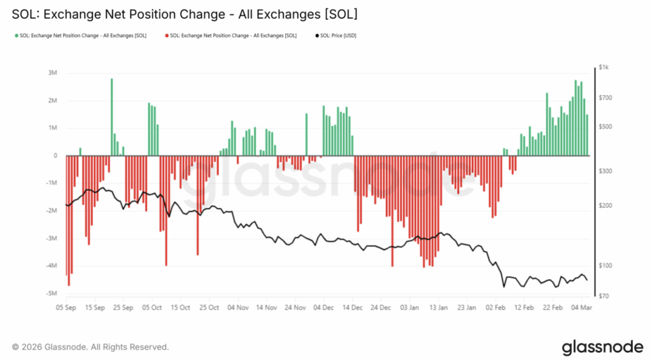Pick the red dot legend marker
(167, 36)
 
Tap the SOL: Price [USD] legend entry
(338, 36)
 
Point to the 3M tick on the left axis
(53, 73)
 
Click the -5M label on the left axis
(52, 294)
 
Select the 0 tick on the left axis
(55, 156)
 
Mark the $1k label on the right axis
(604, 68)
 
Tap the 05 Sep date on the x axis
(66, 307)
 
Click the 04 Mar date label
(581, 307)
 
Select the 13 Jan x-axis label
(438, 307)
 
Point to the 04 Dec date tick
(323, 307)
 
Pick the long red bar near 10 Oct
(166, 210)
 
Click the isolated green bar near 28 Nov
(306, 134)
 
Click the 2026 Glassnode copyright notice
(90, 347)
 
